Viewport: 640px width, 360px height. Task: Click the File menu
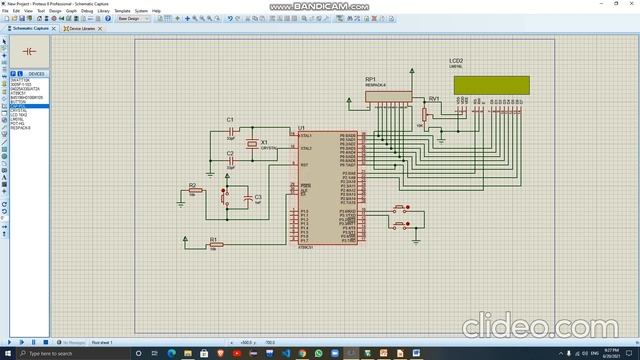(x=6, y=10)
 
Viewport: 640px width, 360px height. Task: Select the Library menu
(x=103, y=10)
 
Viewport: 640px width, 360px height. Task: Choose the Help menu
(x=156, y=10)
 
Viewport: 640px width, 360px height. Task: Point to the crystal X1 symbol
(x=252, y=143)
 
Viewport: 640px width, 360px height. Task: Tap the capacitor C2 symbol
(x=230, y=160)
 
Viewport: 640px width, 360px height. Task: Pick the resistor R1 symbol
(x=213, y=245)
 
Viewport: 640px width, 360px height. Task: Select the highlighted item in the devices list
(x=28, y=105)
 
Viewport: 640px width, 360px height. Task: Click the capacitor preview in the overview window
(x=28, y=50)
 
